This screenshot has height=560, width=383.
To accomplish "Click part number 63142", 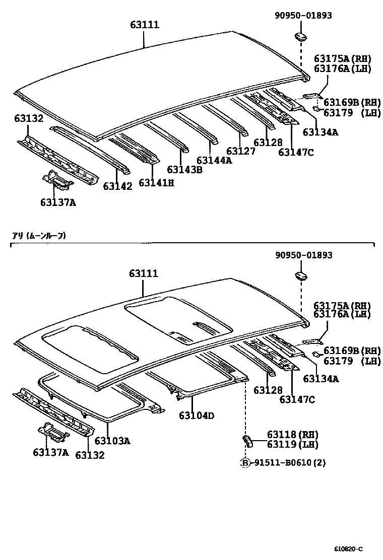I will (117, 186).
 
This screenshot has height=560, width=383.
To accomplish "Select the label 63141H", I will (156, 183).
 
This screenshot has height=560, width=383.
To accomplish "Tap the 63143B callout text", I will (184, 170).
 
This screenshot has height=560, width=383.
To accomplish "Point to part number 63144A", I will (214, 161).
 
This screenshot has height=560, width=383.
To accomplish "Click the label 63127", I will (240, 151).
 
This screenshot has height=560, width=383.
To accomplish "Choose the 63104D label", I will (197, 415).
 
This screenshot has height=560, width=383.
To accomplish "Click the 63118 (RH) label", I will (292, 435).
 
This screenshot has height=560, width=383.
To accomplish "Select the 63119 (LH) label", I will (292, 444).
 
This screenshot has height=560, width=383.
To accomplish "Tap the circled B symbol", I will (245, 463).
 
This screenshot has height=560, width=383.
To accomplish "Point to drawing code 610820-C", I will (348, 548).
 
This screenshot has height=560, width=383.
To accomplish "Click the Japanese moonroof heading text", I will (39, 235).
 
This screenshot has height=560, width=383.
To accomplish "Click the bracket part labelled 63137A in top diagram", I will (58, 182).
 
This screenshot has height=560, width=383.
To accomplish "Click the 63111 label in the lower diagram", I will (144, 273).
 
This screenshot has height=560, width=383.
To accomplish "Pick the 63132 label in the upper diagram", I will (29, 119).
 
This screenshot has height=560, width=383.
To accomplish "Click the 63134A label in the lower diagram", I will (321, 378).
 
